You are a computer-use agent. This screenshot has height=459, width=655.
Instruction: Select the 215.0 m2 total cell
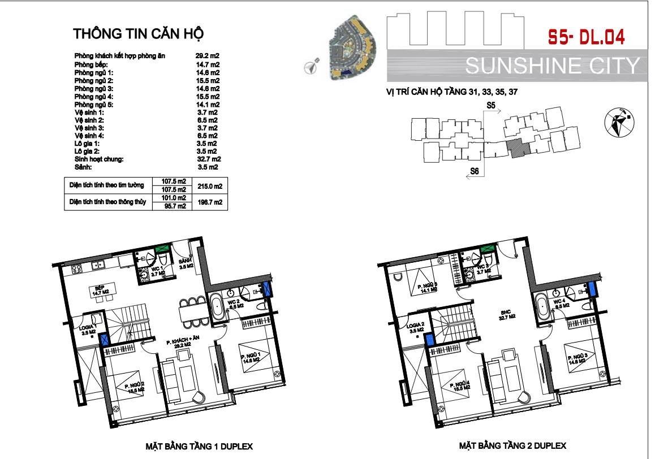point(209,185)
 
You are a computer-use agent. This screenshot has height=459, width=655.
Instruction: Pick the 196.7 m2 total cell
point(209,202)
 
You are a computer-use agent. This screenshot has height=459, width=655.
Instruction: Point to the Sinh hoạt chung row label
point(98,160)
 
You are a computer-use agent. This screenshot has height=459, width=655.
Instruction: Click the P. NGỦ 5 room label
point(428,289)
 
